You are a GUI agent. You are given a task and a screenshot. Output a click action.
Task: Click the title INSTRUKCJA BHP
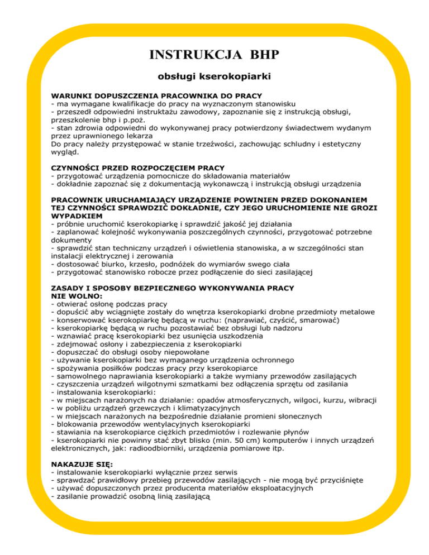click(214, 55)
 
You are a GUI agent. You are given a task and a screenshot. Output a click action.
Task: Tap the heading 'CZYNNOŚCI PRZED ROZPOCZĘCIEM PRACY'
click(137, 168)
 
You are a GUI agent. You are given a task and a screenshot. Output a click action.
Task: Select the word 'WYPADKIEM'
click(78, 215)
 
